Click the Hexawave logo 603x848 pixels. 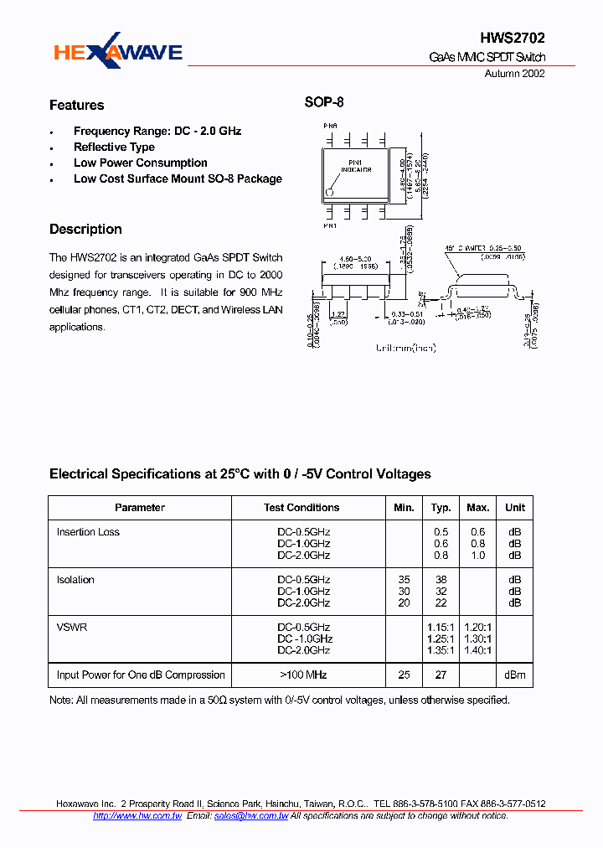pyautogui.click(x=117, y=52)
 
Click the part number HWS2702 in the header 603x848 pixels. pyautogui.click(x=513, y=38)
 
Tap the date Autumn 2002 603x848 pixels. pyautogui.click(x=515, y=74)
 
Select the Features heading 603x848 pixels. pyautogui.click(x=77, y=106)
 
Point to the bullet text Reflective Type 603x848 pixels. pyautogui.click(x=114, y=147)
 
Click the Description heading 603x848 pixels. pyautogui.click(x=85, y=230)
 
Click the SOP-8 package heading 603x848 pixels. pyautogui.click(x=324, y=103)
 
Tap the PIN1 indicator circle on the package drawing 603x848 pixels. pyautogui.click(x=330, y=192)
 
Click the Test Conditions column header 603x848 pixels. pyautogui.click(x=301, y=508)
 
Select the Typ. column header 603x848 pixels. pyautogui.click(x=441, y=508)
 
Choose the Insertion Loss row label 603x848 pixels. pyautogui.click(x=88, y=532)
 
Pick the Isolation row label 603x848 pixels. pyautogui.click(x=75, y=580)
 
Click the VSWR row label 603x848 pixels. pyautogui.click(x=71, y=627)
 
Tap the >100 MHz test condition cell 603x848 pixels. pyautogui.click(x=303, y=675)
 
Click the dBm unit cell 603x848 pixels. pyautogui.click(x=514, y=675)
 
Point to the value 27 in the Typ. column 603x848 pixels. pyautogui.click(x=441, y=675)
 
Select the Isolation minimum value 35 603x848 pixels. pyautogui.click(x=405, y=580)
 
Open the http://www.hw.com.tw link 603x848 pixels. pyautogui.click(x=137, y=815)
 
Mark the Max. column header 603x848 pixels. pyautogui.click(x=478, y=508)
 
